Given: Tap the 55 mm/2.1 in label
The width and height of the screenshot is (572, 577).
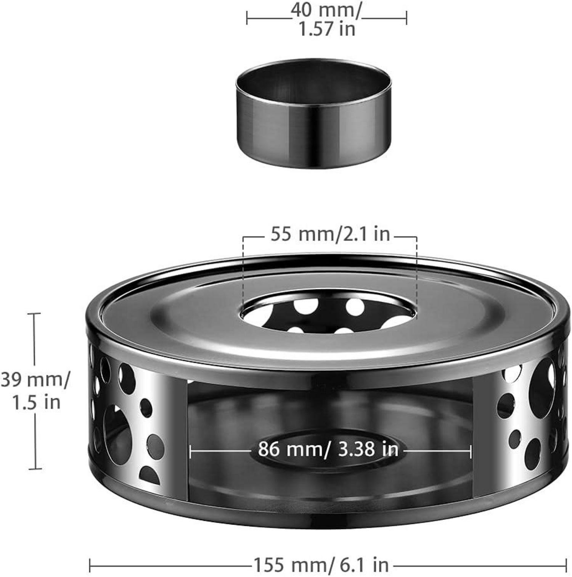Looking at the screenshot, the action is click(x=330, y=234).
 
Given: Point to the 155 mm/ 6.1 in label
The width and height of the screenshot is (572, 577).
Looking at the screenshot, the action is click(x=321, y=564).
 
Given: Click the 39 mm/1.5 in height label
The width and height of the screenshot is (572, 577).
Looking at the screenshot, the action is click(x=35, y=391).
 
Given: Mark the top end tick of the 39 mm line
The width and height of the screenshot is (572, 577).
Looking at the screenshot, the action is click(x=35, y=313).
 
